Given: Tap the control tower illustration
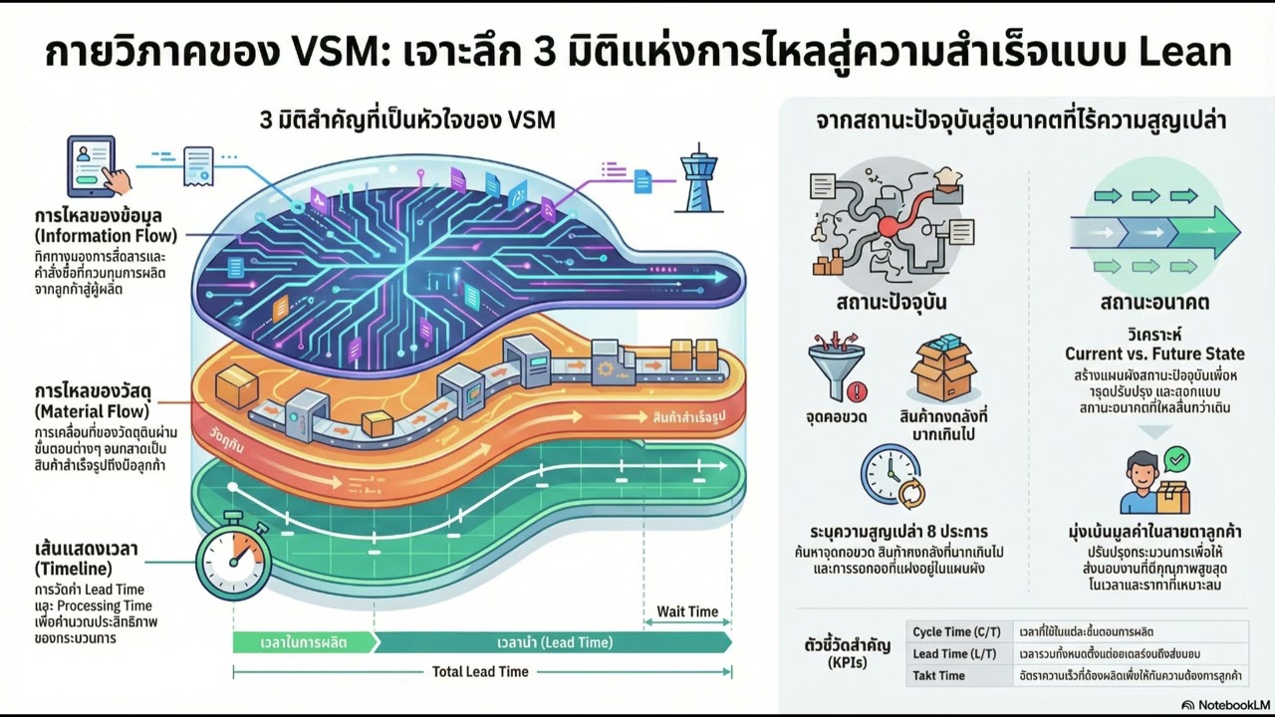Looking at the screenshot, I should tap(696, 179).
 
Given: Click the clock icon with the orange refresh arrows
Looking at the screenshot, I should tap(892, 475).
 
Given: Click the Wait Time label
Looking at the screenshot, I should tap(687, 611).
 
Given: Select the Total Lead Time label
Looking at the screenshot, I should tap(480, 671).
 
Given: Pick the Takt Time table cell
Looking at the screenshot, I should tap(938, 676).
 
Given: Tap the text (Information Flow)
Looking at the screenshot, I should tap(106, 236).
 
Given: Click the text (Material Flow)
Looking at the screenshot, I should tap(92, 411).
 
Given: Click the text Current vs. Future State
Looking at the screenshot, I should tap(1154, 354).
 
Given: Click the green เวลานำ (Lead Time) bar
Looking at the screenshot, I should tap(555, 642).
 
